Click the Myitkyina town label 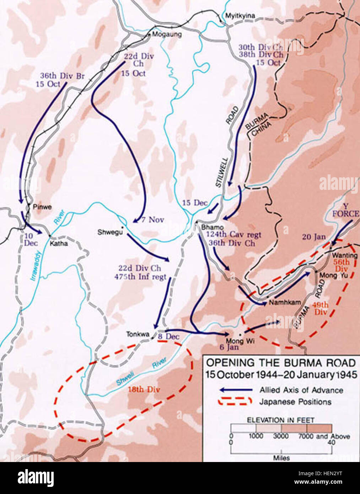240,16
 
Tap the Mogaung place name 167,34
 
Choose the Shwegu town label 110,232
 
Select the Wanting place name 344,256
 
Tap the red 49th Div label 320,309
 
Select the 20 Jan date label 314,237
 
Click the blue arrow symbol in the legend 236,390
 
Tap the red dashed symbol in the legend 236,402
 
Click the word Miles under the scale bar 281,458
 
